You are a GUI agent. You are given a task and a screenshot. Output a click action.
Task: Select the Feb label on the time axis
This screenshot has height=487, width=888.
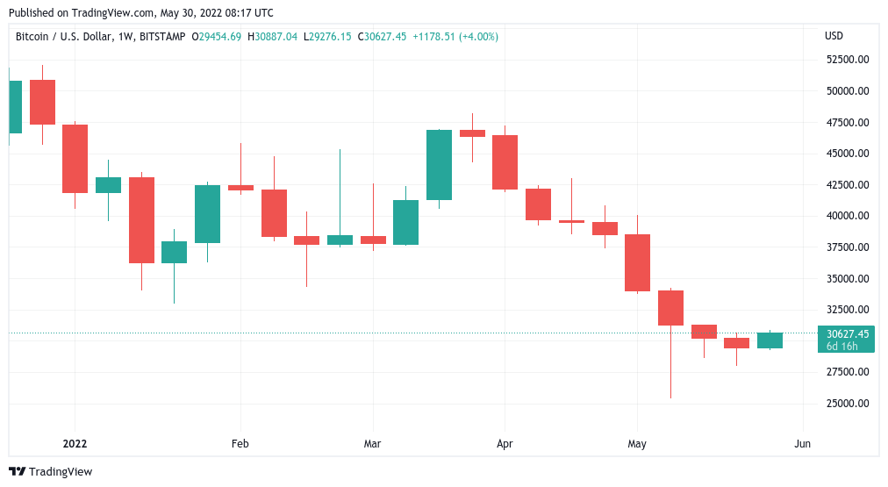[240, 444]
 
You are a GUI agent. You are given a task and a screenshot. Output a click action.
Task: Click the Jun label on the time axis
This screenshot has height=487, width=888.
[802, 444]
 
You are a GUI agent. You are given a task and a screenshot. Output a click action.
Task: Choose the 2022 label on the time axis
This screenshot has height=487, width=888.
[75, 444]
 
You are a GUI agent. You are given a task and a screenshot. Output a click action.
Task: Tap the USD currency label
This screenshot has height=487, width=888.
[834, 36]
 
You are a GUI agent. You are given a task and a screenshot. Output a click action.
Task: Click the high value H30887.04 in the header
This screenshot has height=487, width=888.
[273, 36]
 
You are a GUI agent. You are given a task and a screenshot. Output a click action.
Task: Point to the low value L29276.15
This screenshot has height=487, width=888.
[327, 36]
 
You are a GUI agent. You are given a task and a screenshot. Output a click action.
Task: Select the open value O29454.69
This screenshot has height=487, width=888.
[218, 36]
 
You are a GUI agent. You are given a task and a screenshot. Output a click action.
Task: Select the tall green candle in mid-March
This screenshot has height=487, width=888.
[439, 165]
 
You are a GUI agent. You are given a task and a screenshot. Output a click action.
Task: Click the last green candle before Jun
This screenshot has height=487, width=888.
[770, 340]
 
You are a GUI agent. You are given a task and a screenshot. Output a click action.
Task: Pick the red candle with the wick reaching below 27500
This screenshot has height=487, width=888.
[670, 308]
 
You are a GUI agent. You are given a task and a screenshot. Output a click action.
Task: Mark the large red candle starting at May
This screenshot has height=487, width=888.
[637, 262]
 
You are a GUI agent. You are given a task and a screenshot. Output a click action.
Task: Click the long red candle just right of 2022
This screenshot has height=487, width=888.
[75, 159]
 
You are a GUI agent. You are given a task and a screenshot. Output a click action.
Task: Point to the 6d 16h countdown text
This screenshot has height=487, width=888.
[841, 346]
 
